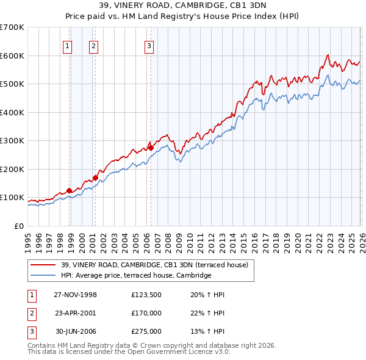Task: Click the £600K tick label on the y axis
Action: click(12, 56)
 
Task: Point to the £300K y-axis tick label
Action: click(12, 140)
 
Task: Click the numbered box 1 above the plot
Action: click(67, 45)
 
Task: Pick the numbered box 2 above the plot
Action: click(93, 45)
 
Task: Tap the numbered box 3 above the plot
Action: click(149, 45)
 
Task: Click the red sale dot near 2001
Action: click(95, 178)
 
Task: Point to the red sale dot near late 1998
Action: click(70, 190)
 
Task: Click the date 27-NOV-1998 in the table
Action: click(75, 295)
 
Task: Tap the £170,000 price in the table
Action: click(146, 313)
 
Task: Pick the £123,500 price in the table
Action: click(146, 295)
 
